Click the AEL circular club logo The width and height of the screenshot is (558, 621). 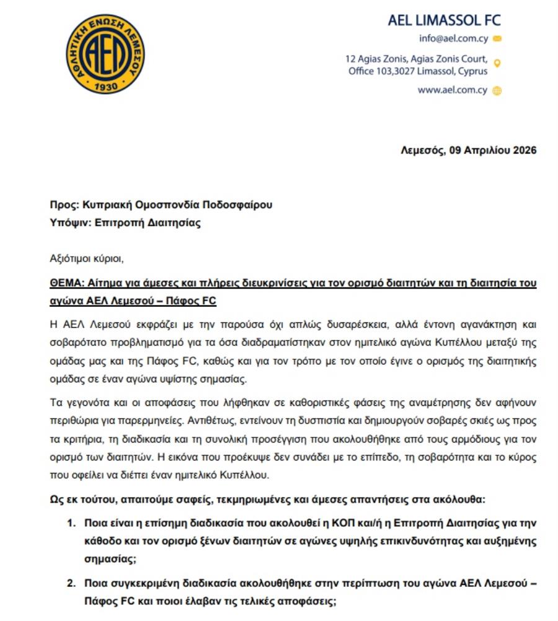click(x=102, y=54)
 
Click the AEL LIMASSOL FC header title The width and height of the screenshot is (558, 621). click(x=444, y=20)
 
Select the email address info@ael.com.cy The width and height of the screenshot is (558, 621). click(x=453, y=38)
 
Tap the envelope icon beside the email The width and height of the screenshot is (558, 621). click(x=497, y=38)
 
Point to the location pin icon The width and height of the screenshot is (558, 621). click(x=497, y=63)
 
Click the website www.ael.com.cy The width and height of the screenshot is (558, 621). click(x=452, y=90)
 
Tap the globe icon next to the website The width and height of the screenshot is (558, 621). click(x=497, y=90)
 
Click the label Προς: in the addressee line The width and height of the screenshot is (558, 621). click(x=62, y=205)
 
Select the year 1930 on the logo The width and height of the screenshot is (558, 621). click(x=102, y=87)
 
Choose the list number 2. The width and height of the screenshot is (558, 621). click(x=71, y=583)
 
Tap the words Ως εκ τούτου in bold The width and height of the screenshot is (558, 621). click(x=79, y=499)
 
